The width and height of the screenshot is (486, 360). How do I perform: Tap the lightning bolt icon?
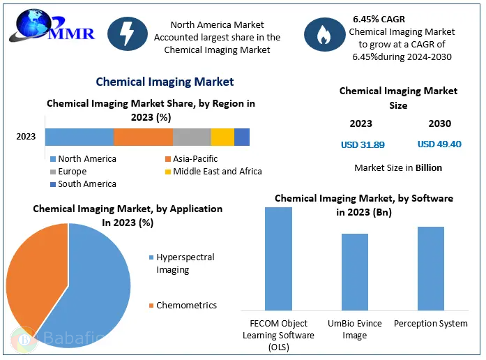(x=128, y=34)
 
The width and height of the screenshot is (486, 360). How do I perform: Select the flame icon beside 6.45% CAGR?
(x=324, y=34)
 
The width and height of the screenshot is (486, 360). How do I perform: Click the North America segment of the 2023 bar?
(x=79, y=137)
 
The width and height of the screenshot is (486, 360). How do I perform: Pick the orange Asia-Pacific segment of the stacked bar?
(x=143, y=137)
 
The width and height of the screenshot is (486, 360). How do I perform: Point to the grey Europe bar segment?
(x=192, y=137)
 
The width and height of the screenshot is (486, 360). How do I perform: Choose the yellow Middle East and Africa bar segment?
(x=222, y=137)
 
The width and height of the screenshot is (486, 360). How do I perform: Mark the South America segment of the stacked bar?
(x=242, y=137)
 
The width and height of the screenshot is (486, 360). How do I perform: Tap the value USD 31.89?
(x=362, y=144)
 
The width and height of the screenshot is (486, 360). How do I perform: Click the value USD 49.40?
(x=439, y=144)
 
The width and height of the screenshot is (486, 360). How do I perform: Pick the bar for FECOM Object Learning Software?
(x=278, y=258)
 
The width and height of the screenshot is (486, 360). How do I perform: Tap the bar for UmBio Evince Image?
(x=355, y=271)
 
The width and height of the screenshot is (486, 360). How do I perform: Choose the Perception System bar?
(x=431, y=268)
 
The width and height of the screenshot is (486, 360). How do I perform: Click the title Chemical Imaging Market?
(x=165, y=82)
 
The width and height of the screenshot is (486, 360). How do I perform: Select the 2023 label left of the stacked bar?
(x=26, y=137)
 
